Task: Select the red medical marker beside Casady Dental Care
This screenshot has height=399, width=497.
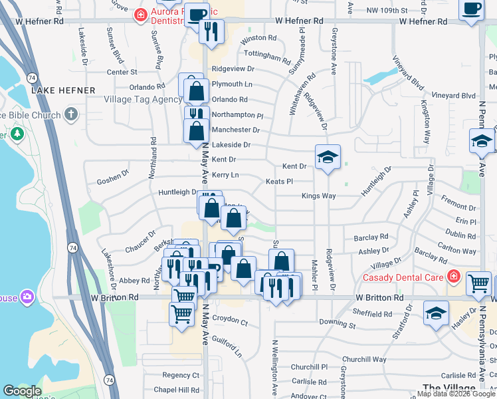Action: click(453, 275)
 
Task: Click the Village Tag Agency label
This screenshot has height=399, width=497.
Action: click(143, 100)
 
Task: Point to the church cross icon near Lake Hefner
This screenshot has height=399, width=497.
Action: click(71, 114)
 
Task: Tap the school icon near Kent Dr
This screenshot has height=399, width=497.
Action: click(328, 157)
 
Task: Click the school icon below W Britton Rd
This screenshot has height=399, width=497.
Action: click(435, 313)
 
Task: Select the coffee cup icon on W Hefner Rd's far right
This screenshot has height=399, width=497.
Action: click(471, 9)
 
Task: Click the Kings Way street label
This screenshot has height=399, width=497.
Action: click(319, 196)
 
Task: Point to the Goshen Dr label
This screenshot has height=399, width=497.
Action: click(112, 178)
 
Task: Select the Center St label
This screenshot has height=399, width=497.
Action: click(122, 72)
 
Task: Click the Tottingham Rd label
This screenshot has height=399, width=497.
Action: click(268, 57)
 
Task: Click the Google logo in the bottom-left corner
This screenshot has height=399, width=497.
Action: click(22, 390)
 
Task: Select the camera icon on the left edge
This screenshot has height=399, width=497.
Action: click(27, 296)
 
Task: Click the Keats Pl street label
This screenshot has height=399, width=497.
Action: click(279, 181)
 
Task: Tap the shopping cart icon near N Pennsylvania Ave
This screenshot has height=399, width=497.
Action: click(478, 283)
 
